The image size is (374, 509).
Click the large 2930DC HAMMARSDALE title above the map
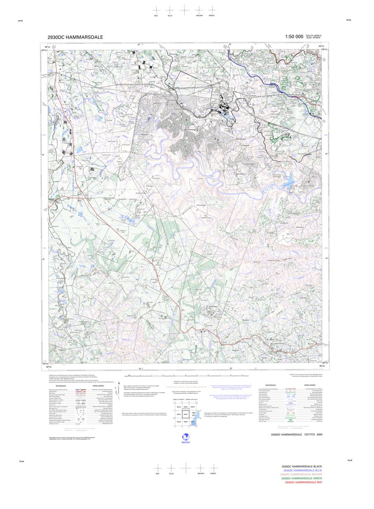75,37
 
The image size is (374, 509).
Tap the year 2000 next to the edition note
319,435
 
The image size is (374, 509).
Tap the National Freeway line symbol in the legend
81,390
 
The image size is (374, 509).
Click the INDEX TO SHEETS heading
178,400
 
